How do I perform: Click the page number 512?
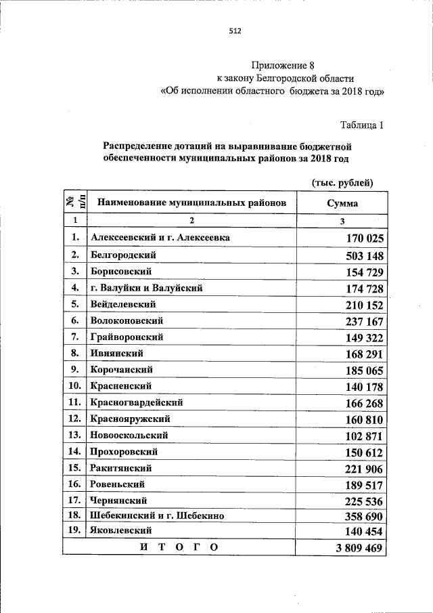235,30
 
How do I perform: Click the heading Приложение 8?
283,66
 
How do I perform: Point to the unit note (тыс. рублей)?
342,182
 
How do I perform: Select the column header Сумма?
342,203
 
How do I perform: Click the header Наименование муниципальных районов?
191,203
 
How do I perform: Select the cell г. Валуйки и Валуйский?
146,288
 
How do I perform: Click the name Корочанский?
121,370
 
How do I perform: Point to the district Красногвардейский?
136,402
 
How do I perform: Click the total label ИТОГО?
179,547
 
